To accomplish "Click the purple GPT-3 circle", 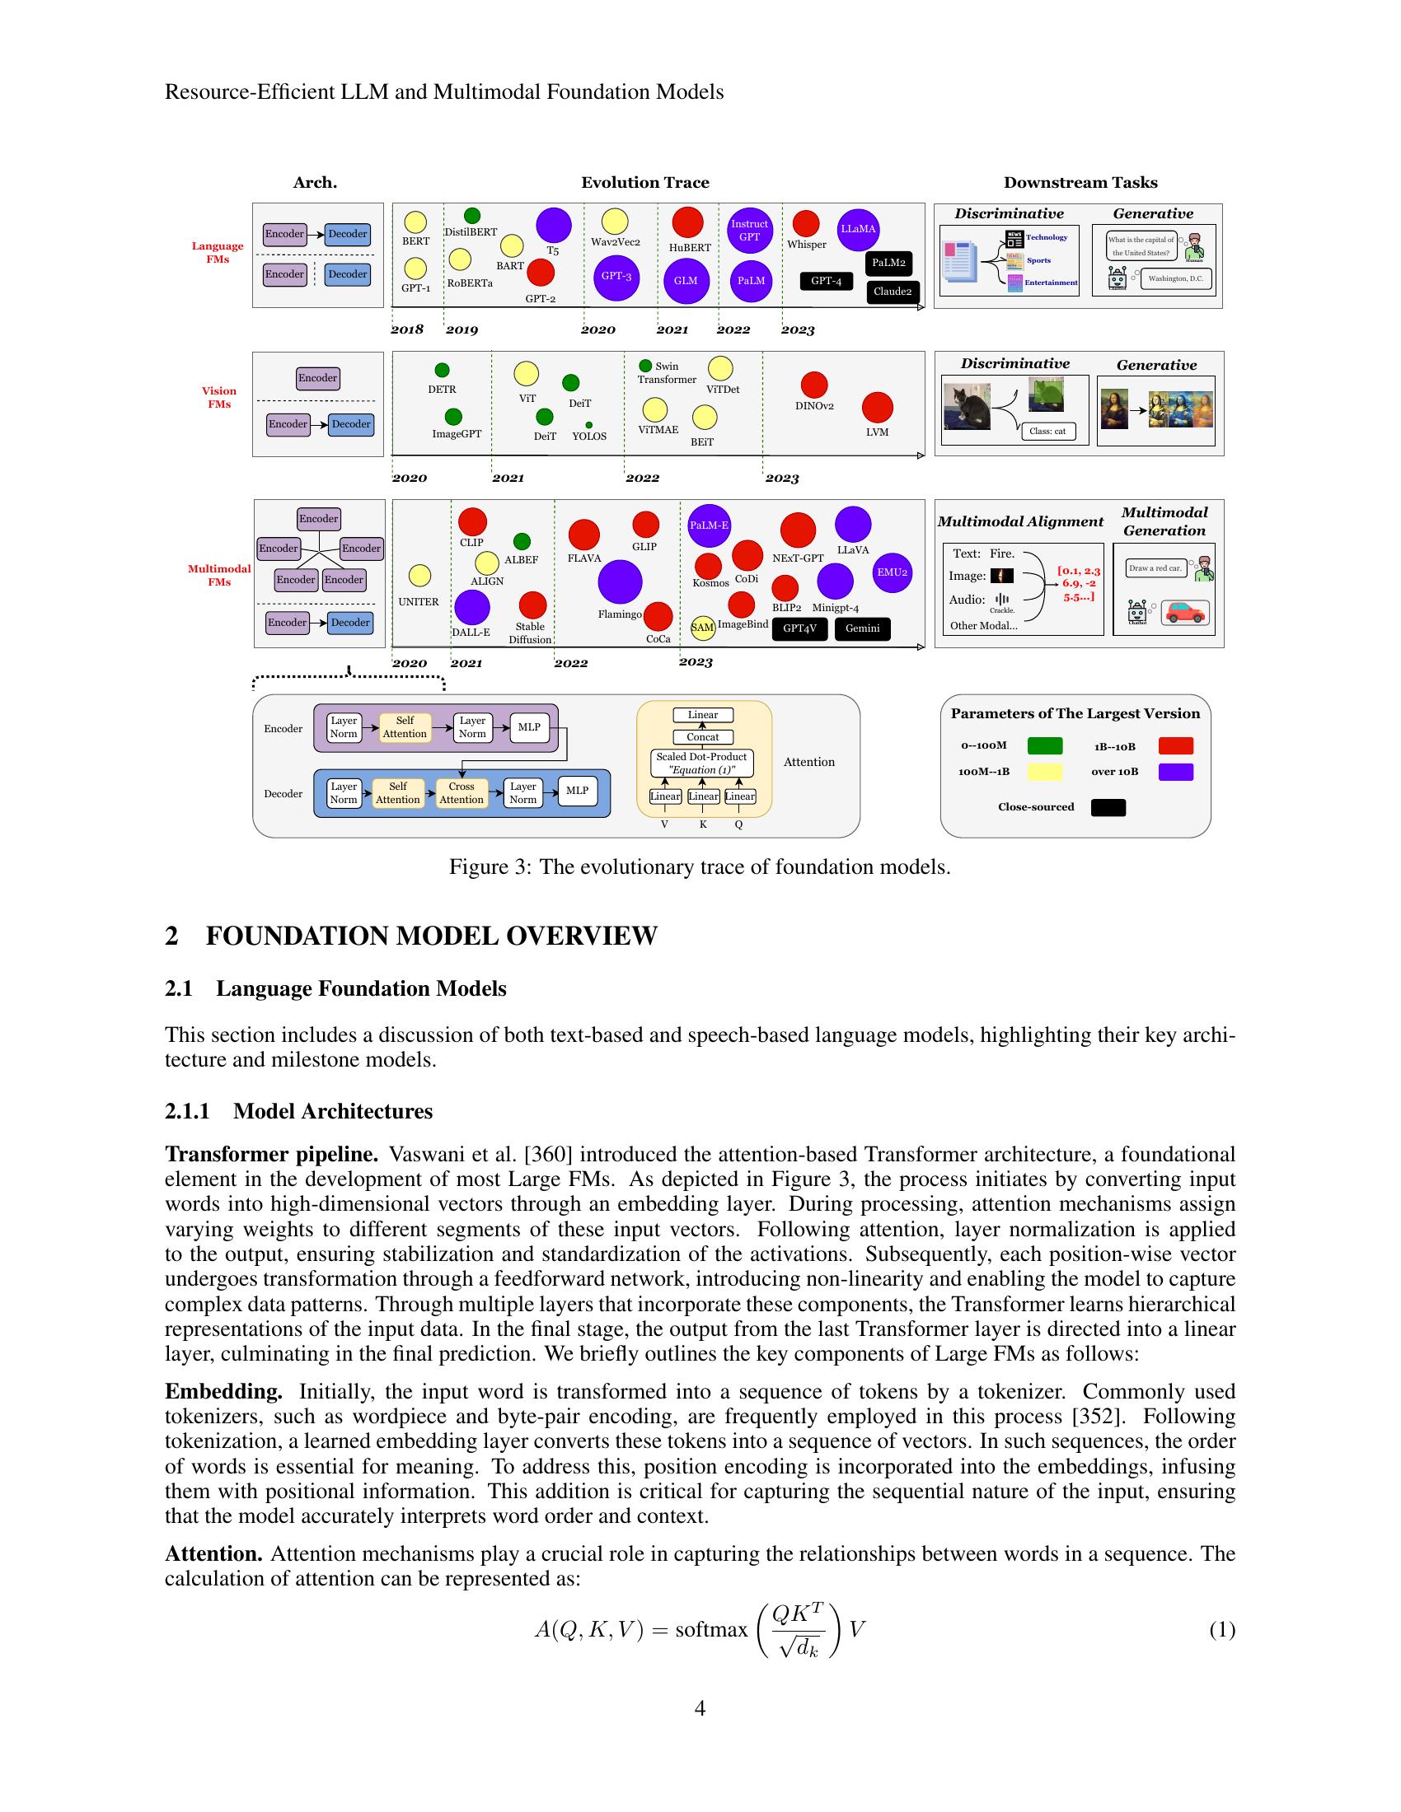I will [616, 277].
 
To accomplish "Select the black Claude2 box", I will [892, 292].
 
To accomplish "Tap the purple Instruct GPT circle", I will [748, 231].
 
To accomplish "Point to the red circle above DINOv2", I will [814, 384].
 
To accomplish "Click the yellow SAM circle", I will [703, 628].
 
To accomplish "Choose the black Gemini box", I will [862, 629].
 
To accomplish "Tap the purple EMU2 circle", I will [893, 572].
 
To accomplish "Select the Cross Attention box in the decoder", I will [462, 793].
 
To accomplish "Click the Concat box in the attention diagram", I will [703, 737].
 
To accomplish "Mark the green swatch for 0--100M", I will [1045, 746].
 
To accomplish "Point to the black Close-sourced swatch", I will [1108, 807].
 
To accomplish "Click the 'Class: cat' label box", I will [1047, 432].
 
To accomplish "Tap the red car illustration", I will [1185, 613].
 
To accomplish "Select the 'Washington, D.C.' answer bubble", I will [1175, 278].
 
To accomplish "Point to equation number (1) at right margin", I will [1221, 1630].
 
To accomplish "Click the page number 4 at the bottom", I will [700, 1708].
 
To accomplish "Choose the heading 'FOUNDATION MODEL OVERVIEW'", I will [431, 936].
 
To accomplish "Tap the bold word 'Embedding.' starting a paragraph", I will [223, 1391].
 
